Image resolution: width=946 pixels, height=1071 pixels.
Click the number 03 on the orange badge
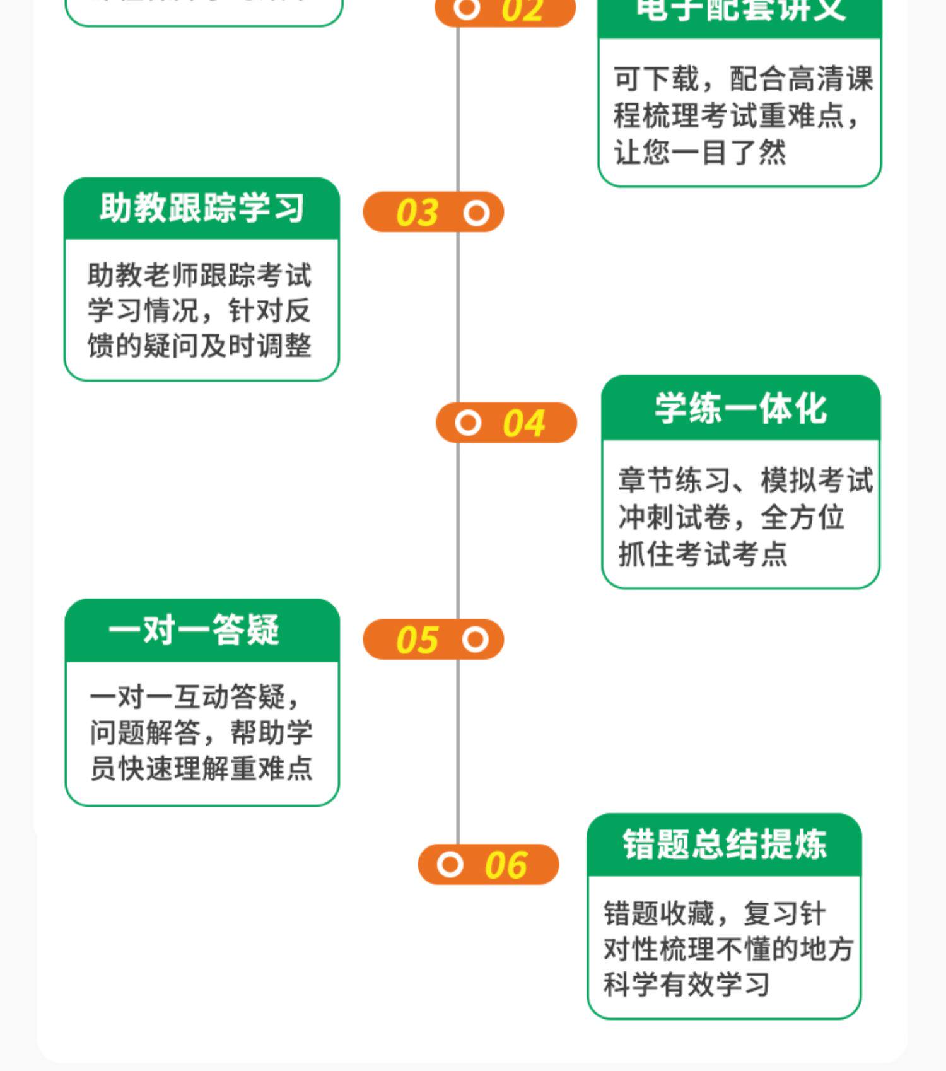coord(417,213)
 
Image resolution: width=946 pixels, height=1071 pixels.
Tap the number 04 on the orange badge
coord(523,423)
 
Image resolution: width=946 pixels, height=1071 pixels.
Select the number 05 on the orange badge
coord(417,640)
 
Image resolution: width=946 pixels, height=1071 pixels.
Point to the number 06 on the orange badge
coord(506,865)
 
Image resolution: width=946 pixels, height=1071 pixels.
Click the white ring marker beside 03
coord(476,213)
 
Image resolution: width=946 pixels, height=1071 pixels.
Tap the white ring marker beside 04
coord(468,423)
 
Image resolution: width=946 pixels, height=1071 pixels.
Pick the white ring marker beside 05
coord(475,640)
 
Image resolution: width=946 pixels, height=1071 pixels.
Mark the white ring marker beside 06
coord(450,864)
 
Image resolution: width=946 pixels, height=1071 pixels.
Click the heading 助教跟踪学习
coord(202,208)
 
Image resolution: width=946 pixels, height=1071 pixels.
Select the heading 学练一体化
coord(740,408)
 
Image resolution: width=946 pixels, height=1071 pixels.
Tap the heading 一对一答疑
coord(194,629)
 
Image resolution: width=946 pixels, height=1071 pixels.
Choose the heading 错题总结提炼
coord(724,845)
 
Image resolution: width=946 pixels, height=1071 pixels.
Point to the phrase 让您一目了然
coord(700,153)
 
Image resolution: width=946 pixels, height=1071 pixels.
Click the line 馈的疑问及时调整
coord(199,346)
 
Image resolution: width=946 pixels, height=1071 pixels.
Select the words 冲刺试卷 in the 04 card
coord(674,518)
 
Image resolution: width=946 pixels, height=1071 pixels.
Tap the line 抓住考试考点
coord(703,554)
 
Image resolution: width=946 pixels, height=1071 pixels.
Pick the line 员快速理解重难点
coord(201,768)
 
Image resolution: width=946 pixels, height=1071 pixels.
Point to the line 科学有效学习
coord(686,985)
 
